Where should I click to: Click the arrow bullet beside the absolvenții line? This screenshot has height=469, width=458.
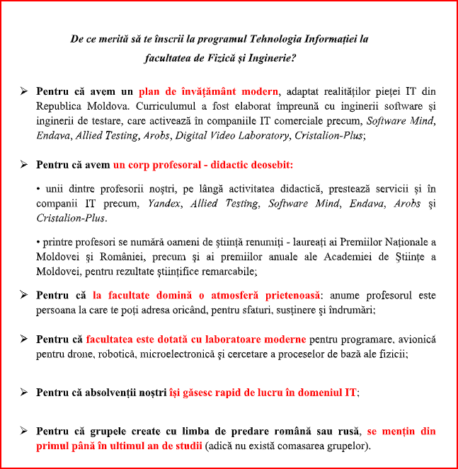[24, 391]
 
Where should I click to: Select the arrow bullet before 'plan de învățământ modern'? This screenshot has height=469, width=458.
[24, 92]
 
